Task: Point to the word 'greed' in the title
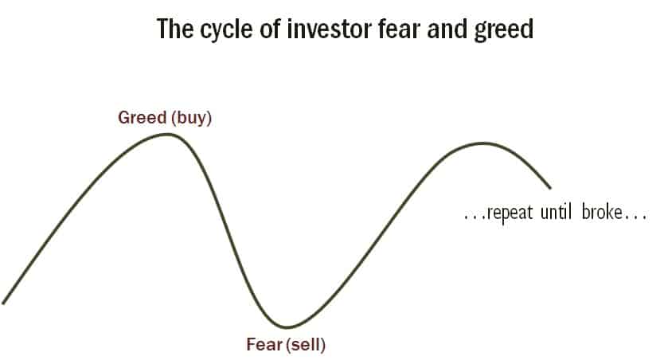503,30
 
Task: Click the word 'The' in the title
176,29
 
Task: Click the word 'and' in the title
447,29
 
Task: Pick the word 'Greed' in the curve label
143,117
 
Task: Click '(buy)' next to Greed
191,118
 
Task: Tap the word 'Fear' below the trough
264,344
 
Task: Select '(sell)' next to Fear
306,345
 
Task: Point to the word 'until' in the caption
556,211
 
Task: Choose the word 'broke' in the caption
602,211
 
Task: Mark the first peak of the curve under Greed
168,135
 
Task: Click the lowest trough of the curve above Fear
287,327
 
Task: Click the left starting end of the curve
3,303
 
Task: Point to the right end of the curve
550,188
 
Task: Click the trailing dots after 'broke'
635,217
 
